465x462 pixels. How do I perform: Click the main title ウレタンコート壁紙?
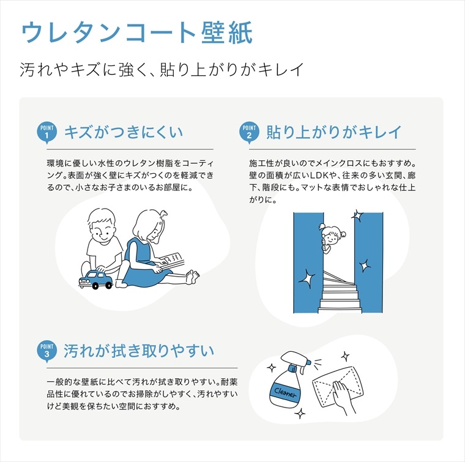137,32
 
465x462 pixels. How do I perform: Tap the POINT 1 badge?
47,133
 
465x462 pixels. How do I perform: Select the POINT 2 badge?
249,133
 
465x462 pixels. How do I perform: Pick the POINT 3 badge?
47,351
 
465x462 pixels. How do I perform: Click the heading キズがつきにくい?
124,132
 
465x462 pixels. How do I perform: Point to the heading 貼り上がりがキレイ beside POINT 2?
334,132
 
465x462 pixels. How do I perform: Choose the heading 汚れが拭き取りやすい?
139,351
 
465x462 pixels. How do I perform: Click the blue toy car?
95,279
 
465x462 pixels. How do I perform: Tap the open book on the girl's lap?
172,261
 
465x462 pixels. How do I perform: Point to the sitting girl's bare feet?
192,277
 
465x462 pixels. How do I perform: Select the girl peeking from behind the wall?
332,237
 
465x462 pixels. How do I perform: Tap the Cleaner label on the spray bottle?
285,392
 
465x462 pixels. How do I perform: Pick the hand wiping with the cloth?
343,397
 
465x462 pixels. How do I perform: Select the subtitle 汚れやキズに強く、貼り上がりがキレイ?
162,69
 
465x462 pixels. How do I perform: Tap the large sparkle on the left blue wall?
307,278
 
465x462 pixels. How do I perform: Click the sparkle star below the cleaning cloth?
300,413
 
